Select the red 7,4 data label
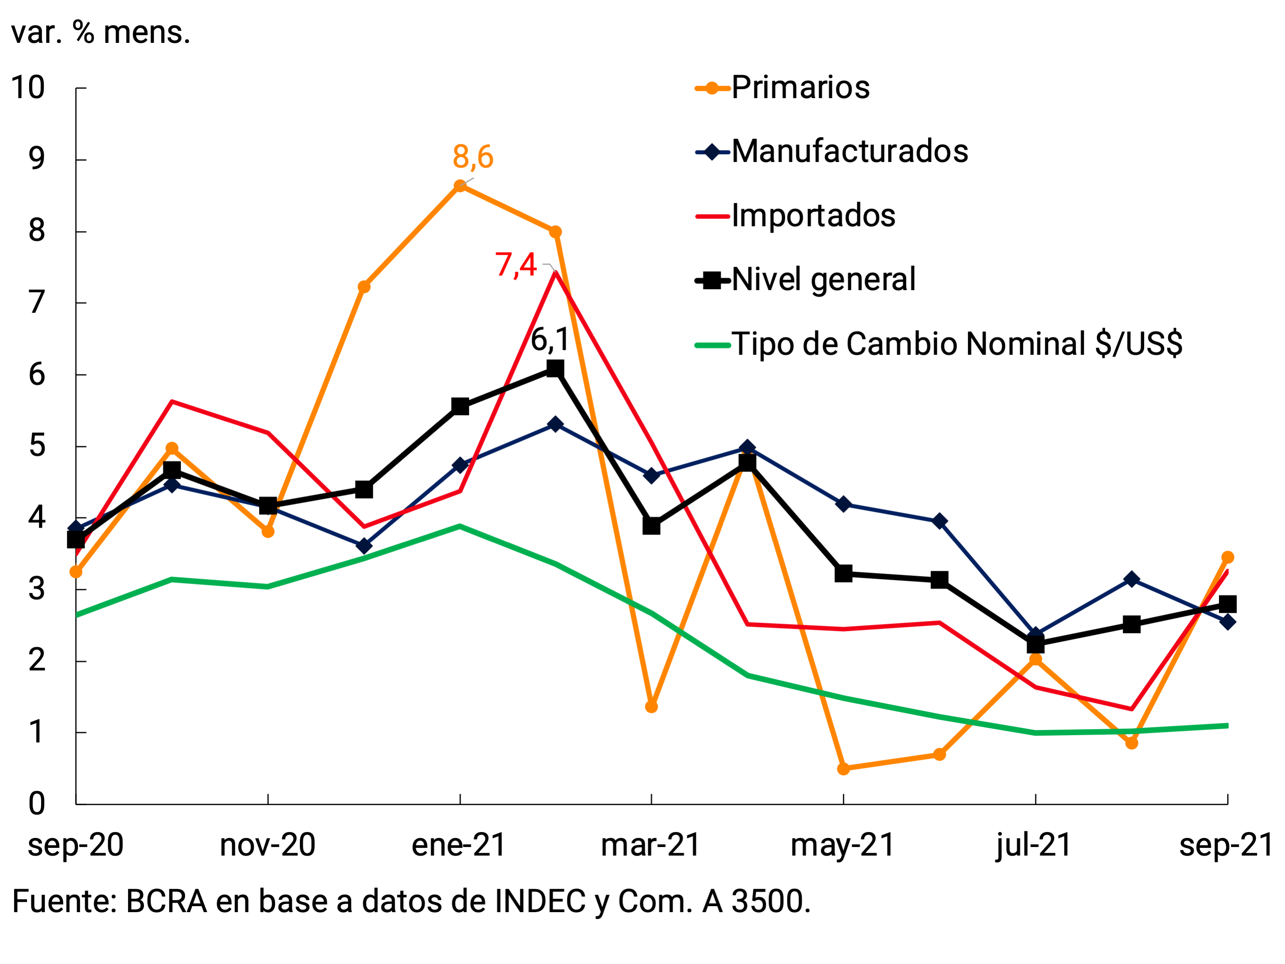point(515,265)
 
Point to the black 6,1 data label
point(550,340)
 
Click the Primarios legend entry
point(800,88)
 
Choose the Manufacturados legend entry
point(849,152)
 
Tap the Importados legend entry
point(813,216)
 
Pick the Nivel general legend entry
point(823,280)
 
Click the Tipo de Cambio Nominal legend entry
point(956,344)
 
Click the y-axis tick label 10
point(28,88)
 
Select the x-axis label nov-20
point(267,845)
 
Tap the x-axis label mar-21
point(650,845)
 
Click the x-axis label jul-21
point(1033,845)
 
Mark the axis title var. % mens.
point(101,33)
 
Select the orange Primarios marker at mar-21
point(651,706)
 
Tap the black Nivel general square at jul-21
point(1035,644)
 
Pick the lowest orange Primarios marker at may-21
point(844,769)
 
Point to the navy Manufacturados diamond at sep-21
point(1227,622)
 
